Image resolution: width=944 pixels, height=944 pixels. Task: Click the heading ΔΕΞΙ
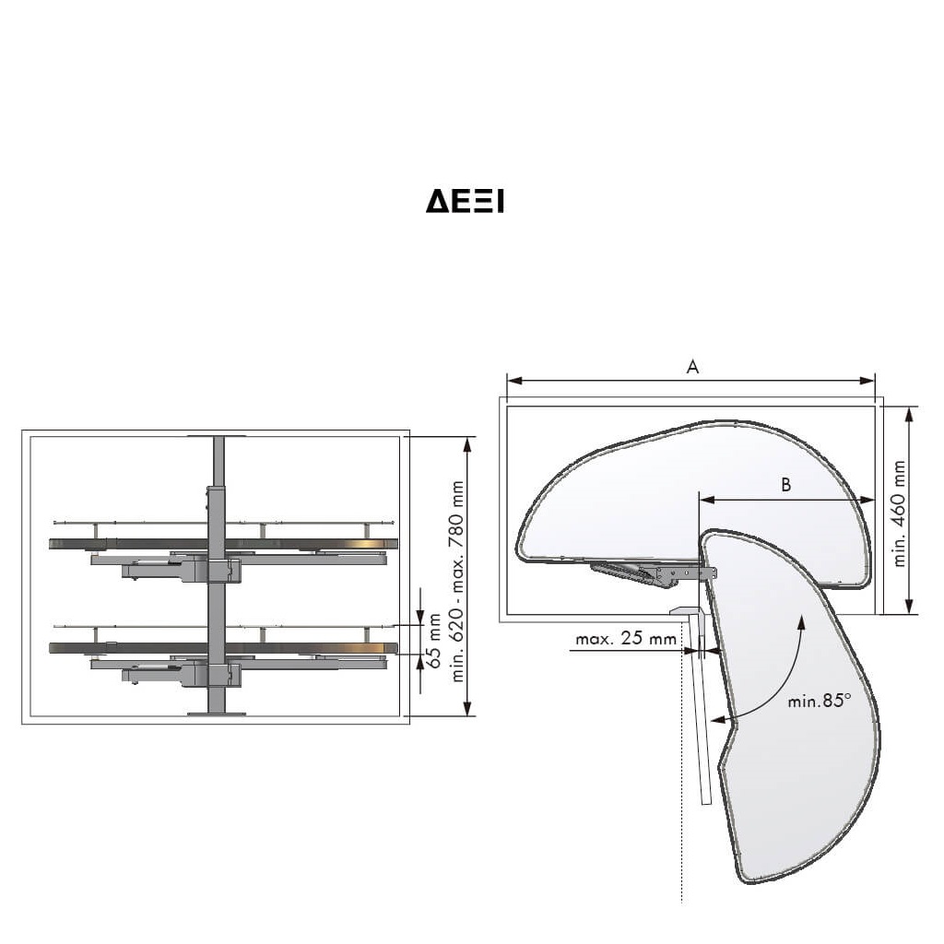point(465,201)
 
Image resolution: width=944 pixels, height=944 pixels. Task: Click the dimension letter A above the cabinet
point(692,367)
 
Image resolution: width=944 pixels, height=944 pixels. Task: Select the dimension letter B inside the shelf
point(785,485)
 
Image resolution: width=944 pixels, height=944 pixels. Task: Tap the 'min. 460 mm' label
point(900,513)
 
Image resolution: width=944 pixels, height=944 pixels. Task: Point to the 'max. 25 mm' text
point(626,638)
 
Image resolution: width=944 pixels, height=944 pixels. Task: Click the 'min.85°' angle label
point(820,701)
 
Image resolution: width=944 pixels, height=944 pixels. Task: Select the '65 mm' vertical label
point(434,641)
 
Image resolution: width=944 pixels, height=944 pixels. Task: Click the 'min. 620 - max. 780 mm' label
point(457,582)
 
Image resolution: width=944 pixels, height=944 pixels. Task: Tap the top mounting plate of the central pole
point(217,436)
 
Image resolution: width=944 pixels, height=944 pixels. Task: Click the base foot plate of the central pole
point(217,714)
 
